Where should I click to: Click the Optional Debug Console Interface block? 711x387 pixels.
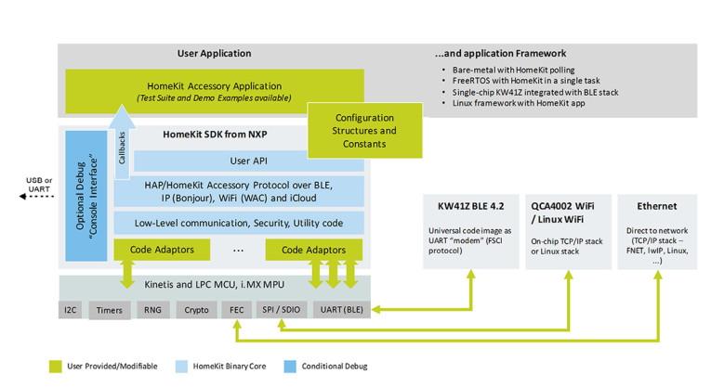click(87, 195)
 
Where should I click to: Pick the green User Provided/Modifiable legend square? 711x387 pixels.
click(56, 367)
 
